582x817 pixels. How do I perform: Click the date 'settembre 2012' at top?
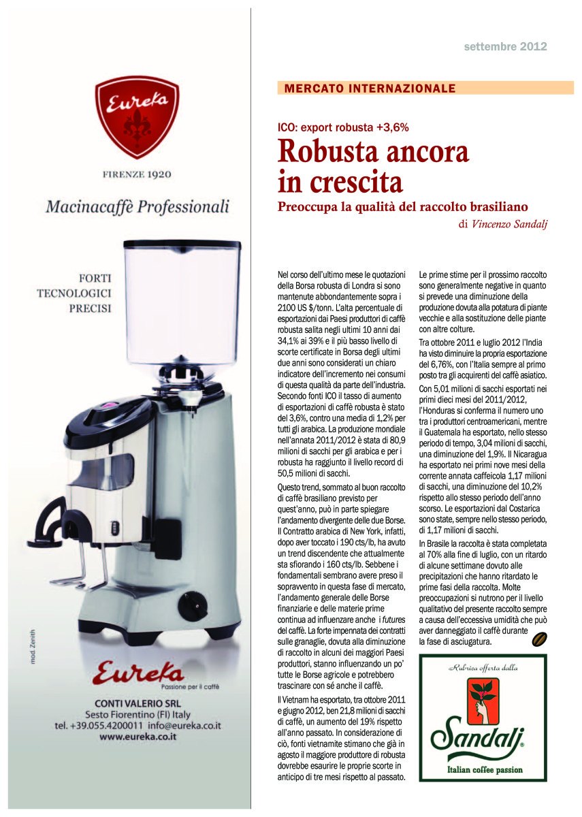(505, 47)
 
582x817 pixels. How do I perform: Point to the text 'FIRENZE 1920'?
(137, 174)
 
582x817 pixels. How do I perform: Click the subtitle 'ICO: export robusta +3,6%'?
(343, 127)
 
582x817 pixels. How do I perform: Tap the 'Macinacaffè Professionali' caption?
(137, 206)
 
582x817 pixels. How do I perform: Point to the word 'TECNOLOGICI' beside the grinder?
(74, 293)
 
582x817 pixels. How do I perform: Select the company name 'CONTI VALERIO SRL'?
(138, 702)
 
